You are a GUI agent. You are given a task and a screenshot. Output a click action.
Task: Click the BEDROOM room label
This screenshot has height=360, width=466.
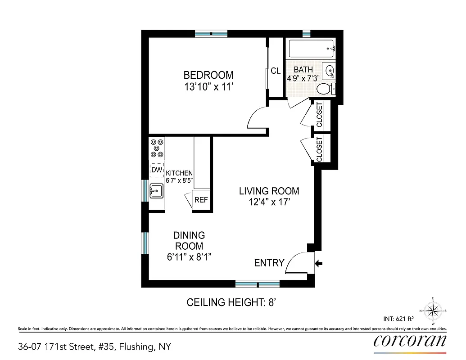point(208,75)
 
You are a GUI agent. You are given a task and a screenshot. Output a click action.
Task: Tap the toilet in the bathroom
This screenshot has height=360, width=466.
point(326,89)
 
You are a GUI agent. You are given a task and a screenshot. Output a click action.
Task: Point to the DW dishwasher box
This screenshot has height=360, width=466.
point(156,170)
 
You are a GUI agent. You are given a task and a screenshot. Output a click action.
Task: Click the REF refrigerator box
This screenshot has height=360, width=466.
point(201,199)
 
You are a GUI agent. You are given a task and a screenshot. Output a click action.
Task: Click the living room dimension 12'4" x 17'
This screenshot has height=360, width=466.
point(269,202)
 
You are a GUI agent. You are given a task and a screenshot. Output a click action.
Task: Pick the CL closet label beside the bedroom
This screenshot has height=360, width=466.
point(276,71)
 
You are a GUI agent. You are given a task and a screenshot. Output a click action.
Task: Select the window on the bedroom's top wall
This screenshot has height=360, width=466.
point(211,34)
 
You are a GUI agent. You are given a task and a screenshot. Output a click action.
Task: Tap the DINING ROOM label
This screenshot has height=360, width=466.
point(189,241)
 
